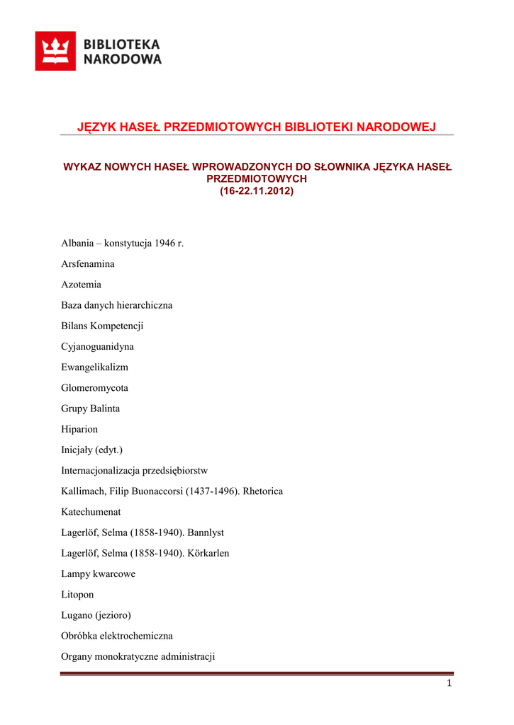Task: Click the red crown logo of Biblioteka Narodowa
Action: click(x=55, y=51)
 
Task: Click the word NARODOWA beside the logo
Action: click(x=123, y=59)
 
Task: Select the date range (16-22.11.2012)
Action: click(x=257, y=191)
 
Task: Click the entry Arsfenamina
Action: click(x=88, y=264)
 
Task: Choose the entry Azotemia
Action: click(x=82, y=285)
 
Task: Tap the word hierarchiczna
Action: click(x=145, y=305)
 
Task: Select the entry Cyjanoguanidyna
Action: click(x=98, y=347)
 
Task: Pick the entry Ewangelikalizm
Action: click(x=95, y=367)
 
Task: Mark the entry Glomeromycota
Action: click(x=94, y=388)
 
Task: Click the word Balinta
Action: click(x=105, y=409)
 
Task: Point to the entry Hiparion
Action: click(x=80, y=429)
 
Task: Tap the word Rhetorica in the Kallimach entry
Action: click(x=262, y=491)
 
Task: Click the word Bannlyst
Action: click(x=206, y=532)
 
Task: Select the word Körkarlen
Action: click(x=208, y=553)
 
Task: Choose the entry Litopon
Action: click(x=77, y=595)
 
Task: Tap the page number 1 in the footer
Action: click(x=449, y=683)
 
